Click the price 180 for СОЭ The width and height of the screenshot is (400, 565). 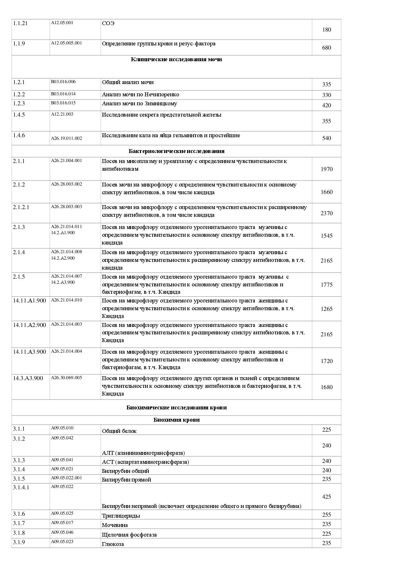pos(326,30)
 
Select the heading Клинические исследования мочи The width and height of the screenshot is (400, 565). pos(176,59)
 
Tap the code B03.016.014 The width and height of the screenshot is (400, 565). pos(63,94)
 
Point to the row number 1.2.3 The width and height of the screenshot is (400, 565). pos(19,103)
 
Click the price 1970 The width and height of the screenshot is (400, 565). pos(326,169)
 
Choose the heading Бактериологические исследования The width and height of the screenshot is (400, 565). pos(176,151)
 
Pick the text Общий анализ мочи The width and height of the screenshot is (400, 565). pos(128,82)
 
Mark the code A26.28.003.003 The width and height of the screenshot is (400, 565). pos(66,206)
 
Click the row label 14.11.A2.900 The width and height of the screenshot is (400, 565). pos(29,325)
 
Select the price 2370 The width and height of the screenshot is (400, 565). pos(326,213)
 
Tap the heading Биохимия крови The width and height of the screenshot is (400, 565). pos(176,420)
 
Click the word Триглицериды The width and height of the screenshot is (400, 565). pos(121,516)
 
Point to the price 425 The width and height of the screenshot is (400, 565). pos(326,497)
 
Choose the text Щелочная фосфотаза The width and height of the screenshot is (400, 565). pos(129,535)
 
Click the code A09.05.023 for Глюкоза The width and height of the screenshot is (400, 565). pos(62,541)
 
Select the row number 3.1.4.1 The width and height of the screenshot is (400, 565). pos(21,487)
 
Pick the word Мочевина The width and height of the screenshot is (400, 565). pos(115,525)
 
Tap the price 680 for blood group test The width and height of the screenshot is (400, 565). pos(326,48)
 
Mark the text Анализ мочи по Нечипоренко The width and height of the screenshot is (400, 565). pos(140,94)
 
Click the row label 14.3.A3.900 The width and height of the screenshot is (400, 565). pos(28,378)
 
